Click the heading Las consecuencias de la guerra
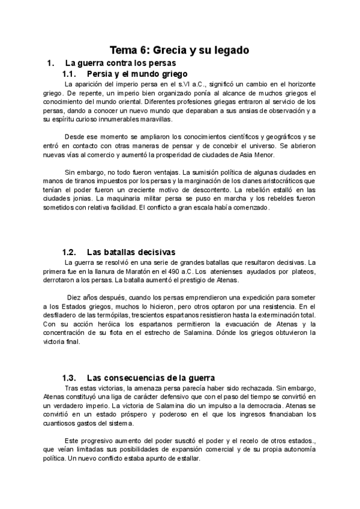[x=151, y=378]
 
